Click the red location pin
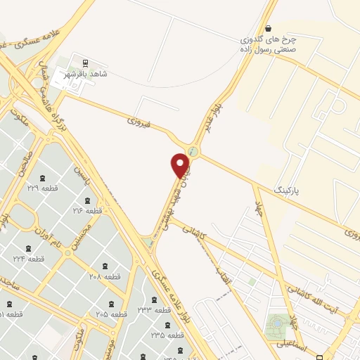pyautogui.click(x=181, y=165)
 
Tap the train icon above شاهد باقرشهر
pyautogui.click(x=86, y=63)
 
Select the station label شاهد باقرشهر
pyautogui.click(x=85, y=74)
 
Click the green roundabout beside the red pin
pyautogui.click(x=192, y=150)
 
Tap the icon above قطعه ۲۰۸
pyautogui.click(x=105, y=266)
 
